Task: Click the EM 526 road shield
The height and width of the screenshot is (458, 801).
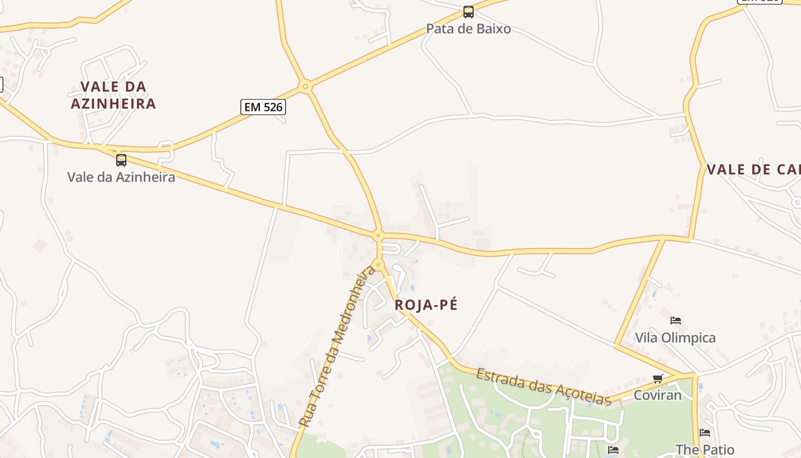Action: point(263,107)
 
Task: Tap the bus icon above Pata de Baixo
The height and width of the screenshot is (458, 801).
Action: point(469,12)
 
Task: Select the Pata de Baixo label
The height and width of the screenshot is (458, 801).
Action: point(469,29)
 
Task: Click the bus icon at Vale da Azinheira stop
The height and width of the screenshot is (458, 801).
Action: point(121,160)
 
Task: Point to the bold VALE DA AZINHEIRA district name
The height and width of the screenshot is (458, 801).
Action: point(113,95)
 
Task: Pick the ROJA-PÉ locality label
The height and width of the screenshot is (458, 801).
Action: point(426,305)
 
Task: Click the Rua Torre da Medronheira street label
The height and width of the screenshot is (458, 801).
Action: point(338,346)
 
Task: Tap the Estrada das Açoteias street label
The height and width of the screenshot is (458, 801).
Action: point(544,387)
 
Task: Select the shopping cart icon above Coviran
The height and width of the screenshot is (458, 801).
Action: point(658,378)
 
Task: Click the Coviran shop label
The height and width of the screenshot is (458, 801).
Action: point(658,395)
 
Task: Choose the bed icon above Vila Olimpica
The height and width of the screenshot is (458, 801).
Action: point(676,320)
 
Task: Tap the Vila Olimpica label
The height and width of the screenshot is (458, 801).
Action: point(676,338)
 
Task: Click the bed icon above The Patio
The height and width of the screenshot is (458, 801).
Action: point(705,433)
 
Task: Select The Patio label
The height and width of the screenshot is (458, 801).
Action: point(705,449)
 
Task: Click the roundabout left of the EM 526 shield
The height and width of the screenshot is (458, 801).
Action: point(306,87)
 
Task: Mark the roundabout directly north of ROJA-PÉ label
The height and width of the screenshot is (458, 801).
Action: point(378,265)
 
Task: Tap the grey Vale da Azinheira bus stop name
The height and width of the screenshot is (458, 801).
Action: point(121,176)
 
